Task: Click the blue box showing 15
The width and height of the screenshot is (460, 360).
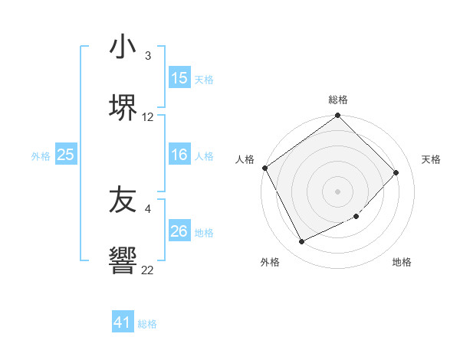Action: point(179,78)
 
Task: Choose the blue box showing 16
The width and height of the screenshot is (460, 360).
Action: point(179,155)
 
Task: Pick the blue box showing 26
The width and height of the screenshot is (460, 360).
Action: point(179,231)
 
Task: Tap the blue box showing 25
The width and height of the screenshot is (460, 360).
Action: point(65,155)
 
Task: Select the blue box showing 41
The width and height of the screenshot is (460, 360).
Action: point(123,322)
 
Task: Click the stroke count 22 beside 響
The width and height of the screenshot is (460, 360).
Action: point(148,270)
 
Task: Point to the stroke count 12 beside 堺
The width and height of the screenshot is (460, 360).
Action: point(148,117)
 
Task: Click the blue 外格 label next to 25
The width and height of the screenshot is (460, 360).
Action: point(41,155)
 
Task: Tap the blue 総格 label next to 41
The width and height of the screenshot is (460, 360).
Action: point(147,324)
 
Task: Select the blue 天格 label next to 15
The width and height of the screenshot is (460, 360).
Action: point(203,79)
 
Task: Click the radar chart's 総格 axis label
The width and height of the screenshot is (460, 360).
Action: point(337,100)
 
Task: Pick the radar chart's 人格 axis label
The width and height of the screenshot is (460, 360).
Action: point(245,159)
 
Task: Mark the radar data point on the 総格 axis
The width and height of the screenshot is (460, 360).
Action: point(337,116)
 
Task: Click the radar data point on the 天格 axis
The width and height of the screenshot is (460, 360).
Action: point(396,172)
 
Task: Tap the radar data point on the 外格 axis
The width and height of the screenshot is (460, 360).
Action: point(301,242)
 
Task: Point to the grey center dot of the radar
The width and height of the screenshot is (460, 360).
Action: point(337,191)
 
